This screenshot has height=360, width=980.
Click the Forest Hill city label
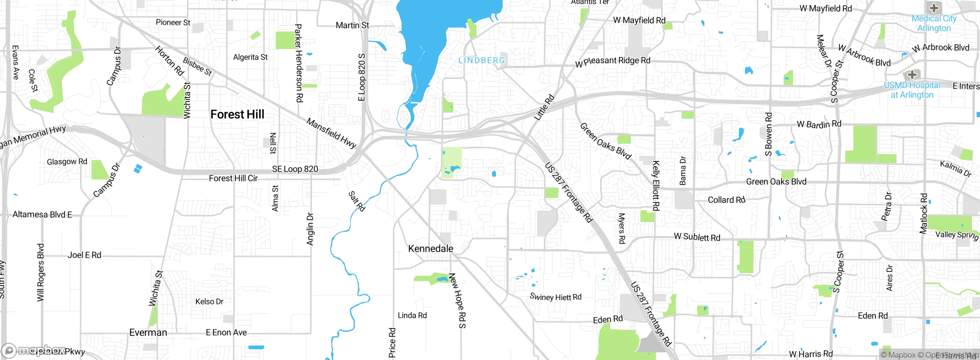point(237,114)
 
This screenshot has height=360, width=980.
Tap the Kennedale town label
point(431,249)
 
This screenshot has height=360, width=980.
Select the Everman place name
point(148,332)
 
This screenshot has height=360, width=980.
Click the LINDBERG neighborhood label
point(482,61)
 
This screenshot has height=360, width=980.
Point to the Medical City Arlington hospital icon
point(934,8)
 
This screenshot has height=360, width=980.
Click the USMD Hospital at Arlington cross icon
point(912,74)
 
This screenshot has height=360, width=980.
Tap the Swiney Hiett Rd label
point(555,297)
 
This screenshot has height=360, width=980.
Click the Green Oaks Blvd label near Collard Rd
point(776,182)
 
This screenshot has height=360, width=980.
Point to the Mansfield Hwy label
point(332,133)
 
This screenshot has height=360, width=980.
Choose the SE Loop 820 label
point(295,169)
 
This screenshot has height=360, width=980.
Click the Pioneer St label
point(173,23)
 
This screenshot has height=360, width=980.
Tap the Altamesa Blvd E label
point(42,214)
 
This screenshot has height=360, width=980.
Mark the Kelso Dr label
point(209,301)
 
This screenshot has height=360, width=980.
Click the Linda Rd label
point(412,315)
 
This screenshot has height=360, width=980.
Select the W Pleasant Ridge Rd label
point(612,61)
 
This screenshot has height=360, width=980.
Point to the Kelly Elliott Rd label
point(655,186)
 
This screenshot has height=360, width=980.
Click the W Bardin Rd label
point(819,124)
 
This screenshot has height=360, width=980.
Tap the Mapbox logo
point(33,350)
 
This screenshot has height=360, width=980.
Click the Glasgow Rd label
point(67,162)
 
